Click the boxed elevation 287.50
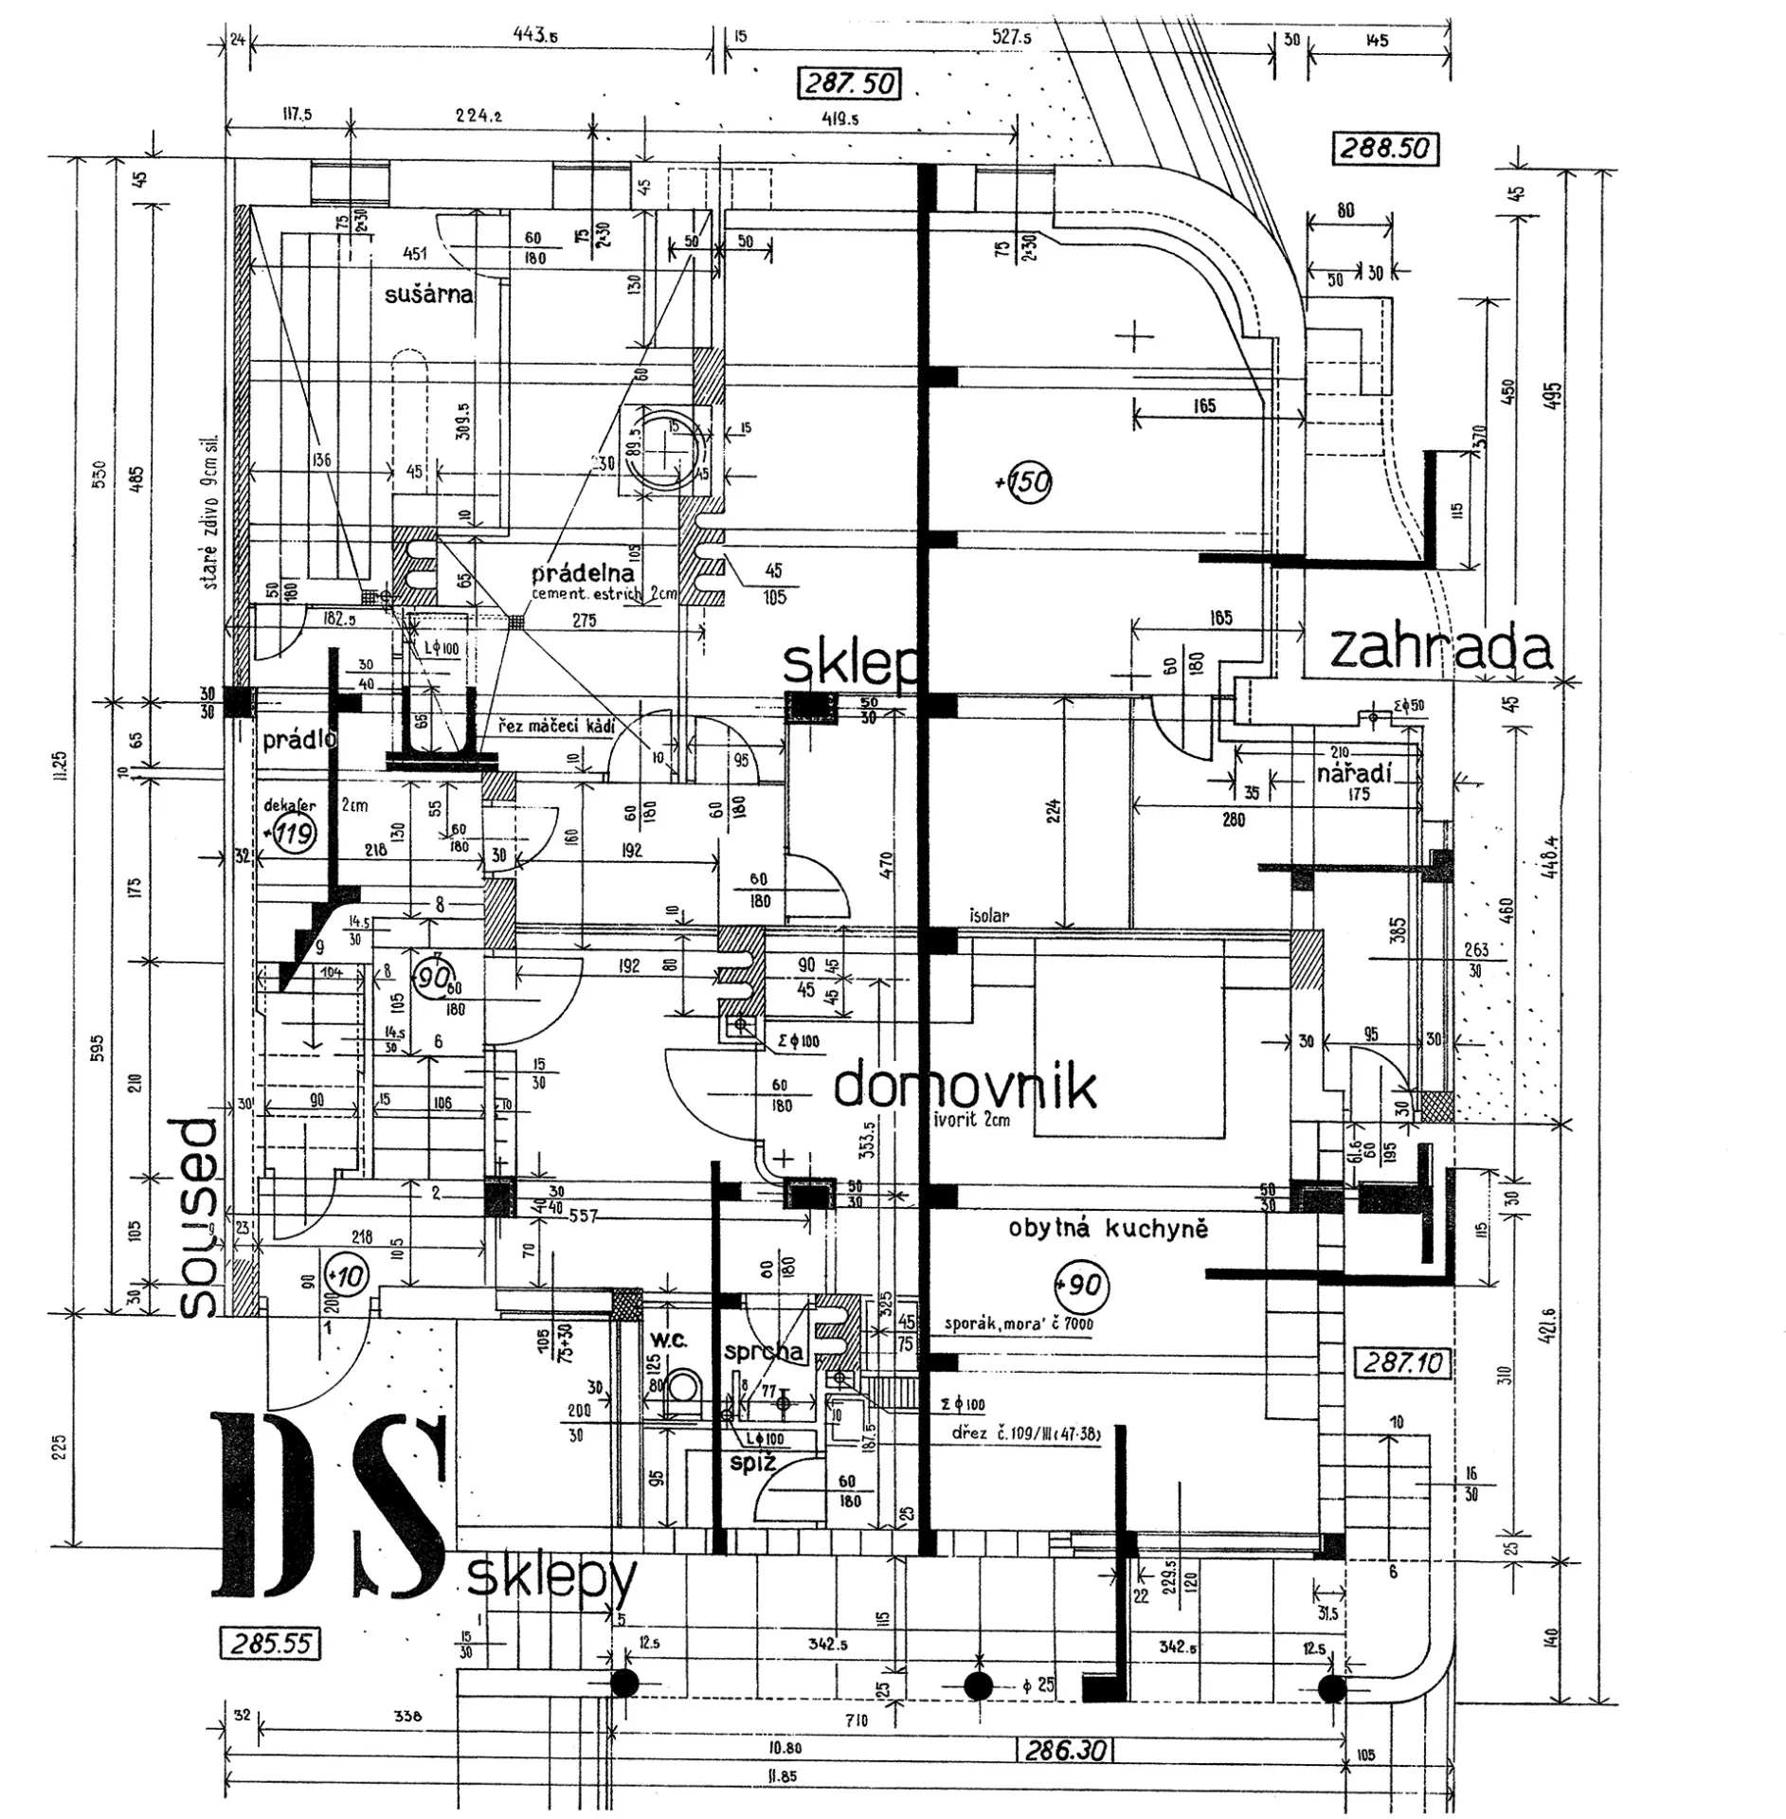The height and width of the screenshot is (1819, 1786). pos(849,83)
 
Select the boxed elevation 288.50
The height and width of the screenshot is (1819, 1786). pos(1384,150)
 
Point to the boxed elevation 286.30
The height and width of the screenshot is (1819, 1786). pos(1064,1751)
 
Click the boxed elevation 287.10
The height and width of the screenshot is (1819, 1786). pos(1402,1362)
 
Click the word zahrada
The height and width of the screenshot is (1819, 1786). pos(1440,650)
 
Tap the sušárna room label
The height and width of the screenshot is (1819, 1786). pos(428,295)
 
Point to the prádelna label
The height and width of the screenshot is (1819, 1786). pos(582,574)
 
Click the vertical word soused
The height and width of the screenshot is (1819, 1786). pos(201,1217)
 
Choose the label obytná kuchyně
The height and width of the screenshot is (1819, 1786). pos(1108,1230)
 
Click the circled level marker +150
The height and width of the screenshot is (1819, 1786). pos(1027,482)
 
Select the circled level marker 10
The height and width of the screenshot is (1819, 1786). pos(345,1275)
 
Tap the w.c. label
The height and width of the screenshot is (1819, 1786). pos(667,1342)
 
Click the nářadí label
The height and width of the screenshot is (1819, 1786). pos(1355,774)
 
